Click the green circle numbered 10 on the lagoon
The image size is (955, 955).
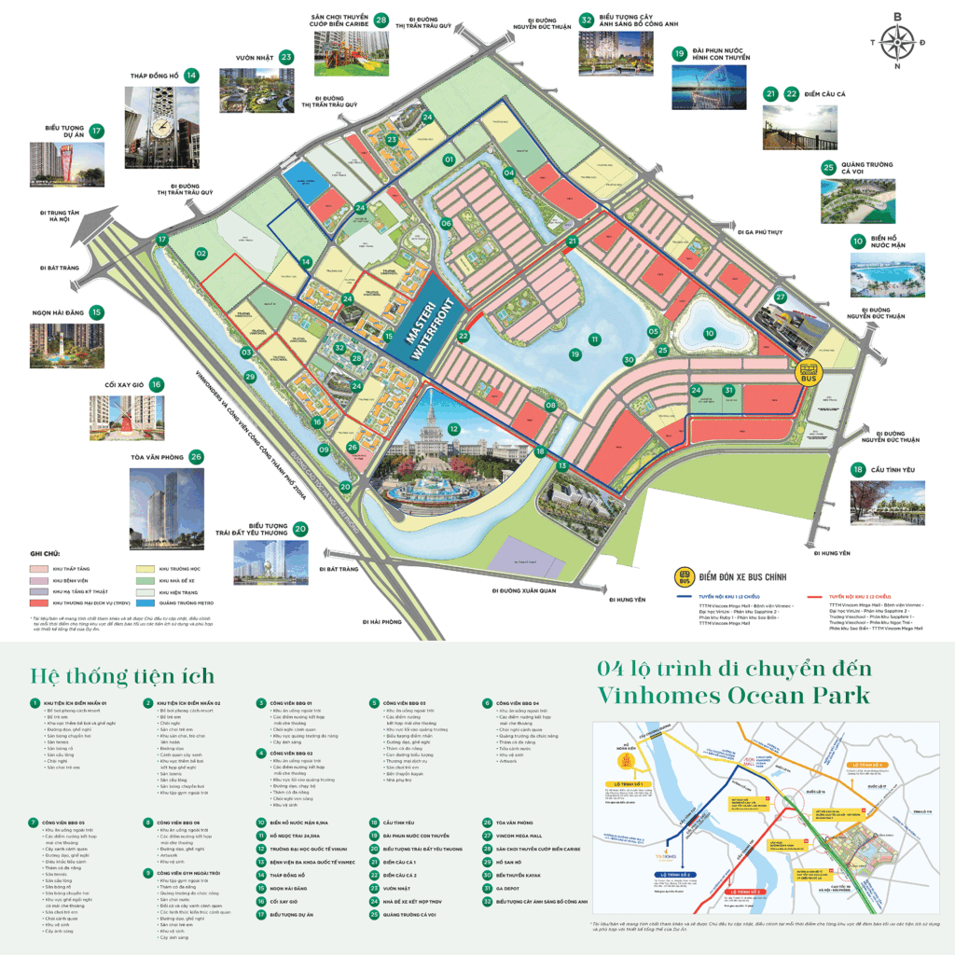point(709,333)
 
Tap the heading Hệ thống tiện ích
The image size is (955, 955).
point(122,675)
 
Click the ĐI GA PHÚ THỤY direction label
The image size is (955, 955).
point(759,231)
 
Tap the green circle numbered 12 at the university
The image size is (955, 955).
point(453,429)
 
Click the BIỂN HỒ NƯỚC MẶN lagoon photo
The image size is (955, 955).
point(888,274)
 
